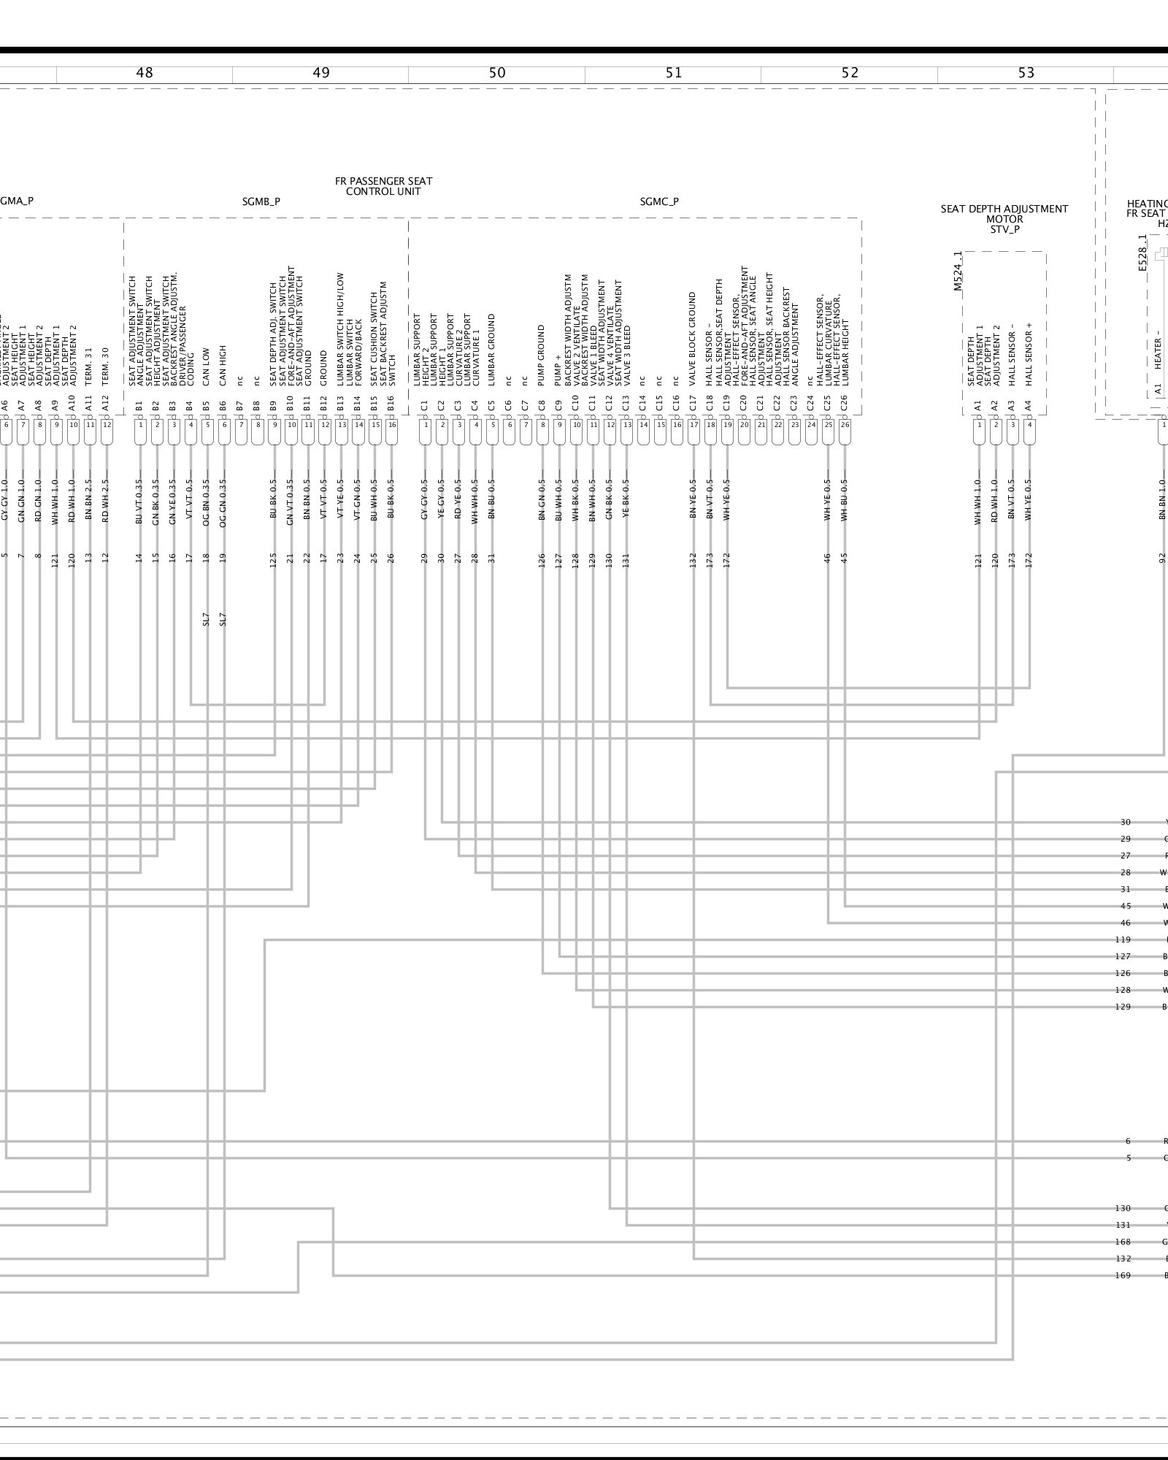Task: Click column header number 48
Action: click(145, 72)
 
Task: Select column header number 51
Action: click(674, 72)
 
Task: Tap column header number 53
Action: click(1026, 72)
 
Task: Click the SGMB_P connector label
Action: click(261, 201)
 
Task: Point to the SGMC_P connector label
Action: click(659, 201)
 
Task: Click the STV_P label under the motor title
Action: click(1004, 229)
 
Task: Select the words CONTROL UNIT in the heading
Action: click(383, 191)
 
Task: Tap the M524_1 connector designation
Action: click(958, 272)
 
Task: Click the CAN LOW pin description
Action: click(207, 366)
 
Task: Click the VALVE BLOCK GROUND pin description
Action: click(693, 339)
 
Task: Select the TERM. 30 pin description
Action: click(107, 366)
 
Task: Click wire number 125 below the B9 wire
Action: click(274, 560)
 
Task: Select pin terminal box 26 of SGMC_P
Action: click(845, 424)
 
